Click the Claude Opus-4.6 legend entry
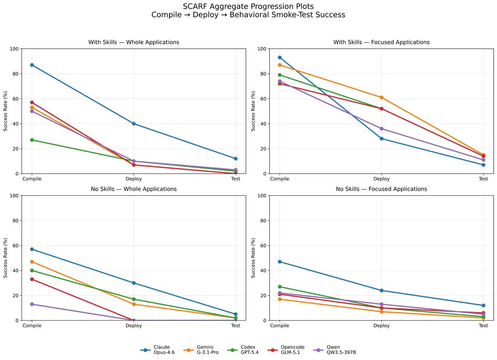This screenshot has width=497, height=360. click(x=157, y=350)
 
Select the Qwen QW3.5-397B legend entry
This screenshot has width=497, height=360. click(x=335, y=350)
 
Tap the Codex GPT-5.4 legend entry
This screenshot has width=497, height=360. click(x=243, y=350)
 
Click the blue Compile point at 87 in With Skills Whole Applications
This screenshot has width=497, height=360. click(x=32, y=65)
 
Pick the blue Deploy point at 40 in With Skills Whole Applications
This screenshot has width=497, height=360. click(x=134, y=124)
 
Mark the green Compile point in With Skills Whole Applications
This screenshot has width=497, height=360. click(x=32, y=140)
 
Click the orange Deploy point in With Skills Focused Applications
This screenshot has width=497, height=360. click(x=381, y=98)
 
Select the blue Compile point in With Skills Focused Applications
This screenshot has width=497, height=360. click(x=280, y=58)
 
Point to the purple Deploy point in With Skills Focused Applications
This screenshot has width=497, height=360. click(x=381, y=129)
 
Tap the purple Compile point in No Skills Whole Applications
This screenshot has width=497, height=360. click(x=32, y=305)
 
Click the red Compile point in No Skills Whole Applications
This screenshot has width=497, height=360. click(x=32, y=279)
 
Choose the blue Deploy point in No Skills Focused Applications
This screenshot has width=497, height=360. click(x=381, y=290)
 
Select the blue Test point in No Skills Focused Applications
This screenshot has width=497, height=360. click(x=483, y=305)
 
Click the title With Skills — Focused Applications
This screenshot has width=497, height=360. click(x=381, y=42)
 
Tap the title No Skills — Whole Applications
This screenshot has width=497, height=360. click(x=134, y=189)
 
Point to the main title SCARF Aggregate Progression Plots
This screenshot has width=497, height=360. click(x=248, y=7)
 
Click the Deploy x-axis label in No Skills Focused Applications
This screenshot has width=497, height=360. click(x=381, y=326)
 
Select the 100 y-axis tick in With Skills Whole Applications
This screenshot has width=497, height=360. click(x=14, y=49)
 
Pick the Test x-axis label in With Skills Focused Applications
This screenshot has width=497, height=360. click(x=483, y=179)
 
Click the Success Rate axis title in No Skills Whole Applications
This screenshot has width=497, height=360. click(x=5, y=258)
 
